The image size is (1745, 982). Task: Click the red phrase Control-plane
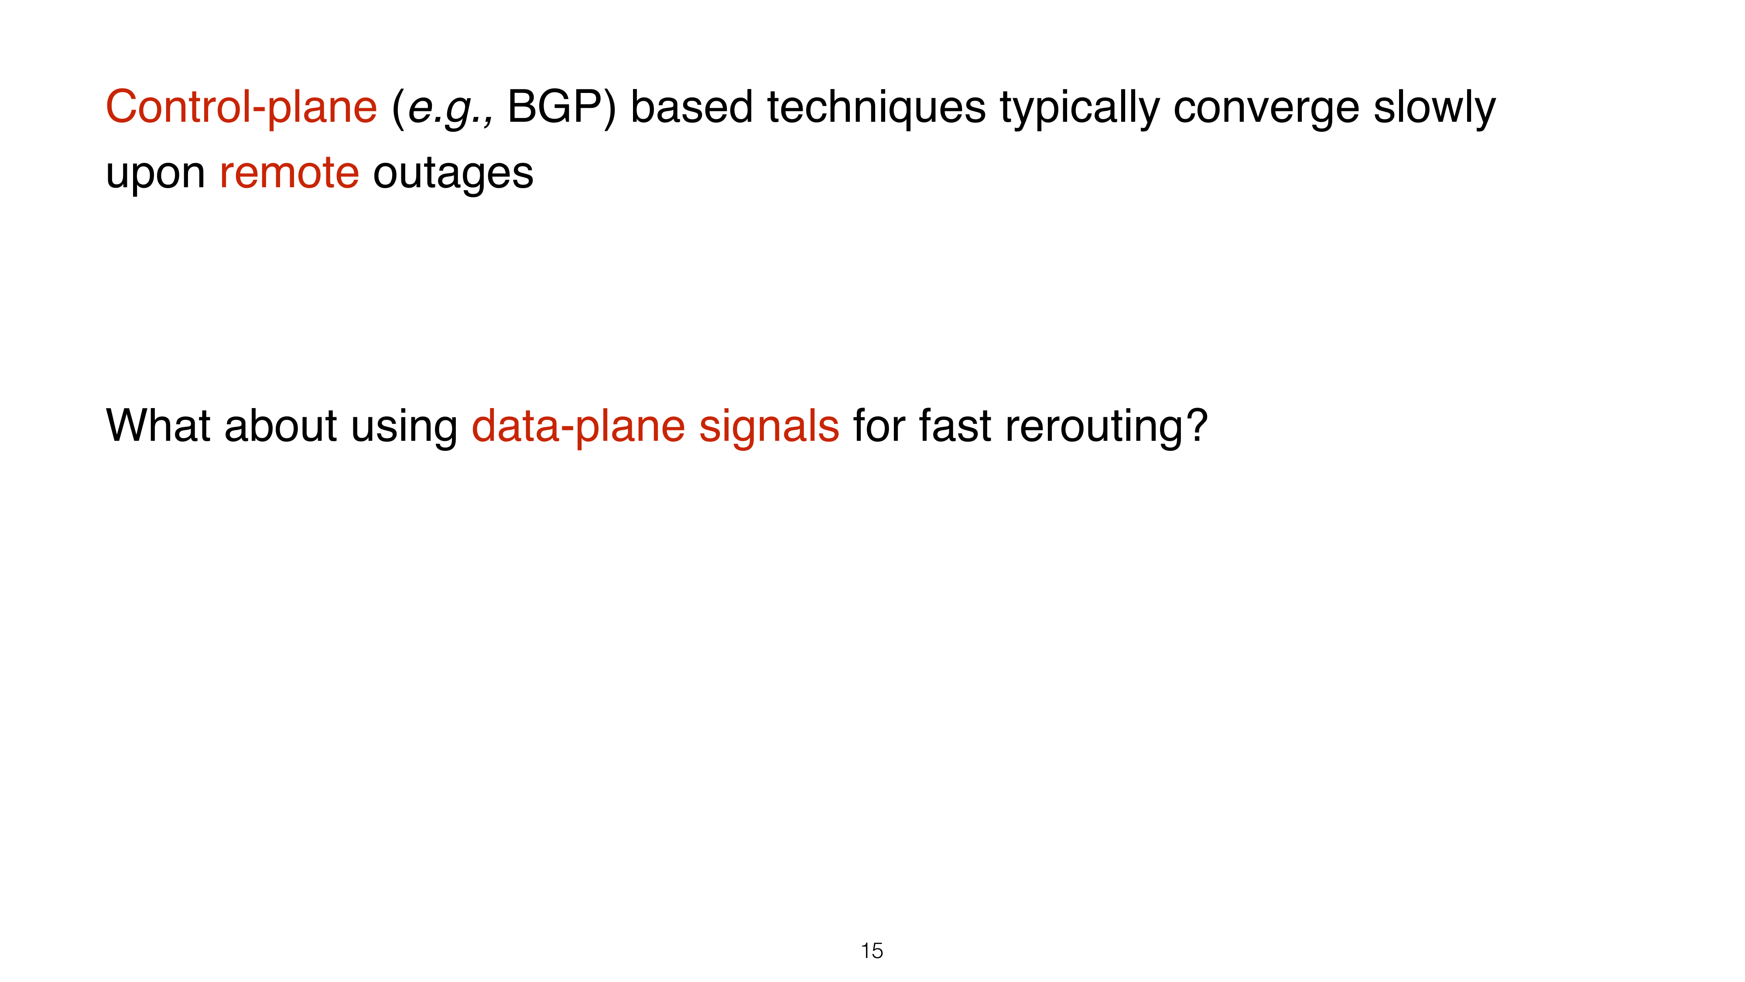click(x=241, y=107)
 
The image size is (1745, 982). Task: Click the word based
click(x=691, y=106)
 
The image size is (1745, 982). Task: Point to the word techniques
click(x=876, y=108)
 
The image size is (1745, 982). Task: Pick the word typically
click(x=1079, y=108)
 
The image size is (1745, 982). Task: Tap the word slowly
click(x=1434, y=108)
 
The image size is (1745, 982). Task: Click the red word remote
click(x=289, y=173)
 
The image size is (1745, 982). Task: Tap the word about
click(x=281, y=425)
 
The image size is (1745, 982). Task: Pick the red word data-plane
click(x=578, y=427)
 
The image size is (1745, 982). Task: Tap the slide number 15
click(x=872, y=951)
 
